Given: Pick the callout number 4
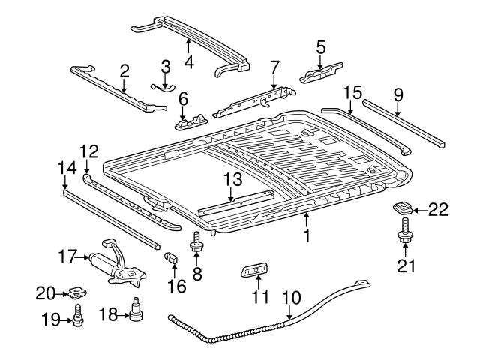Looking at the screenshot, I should click(x=188, y=63).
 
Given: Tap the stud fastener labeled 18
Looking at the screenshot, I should click(x=136, y=310).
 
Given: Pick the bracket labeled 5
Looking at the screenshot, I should click(x=321, y=74).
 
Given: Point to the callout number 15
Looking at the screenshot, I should click(x=352, y=92).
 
